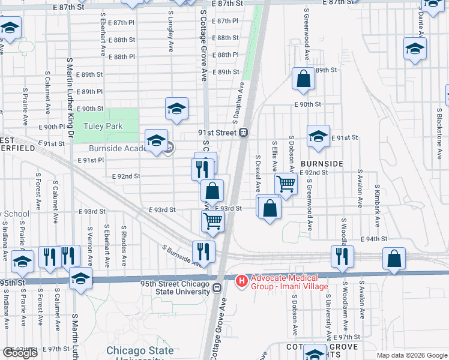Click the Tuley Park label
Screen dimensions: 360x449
tap(103, 126)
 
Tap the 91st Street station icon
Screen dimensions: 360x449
tap(244, 133)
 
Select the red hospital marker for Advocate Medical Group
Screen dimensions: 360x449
tap(242, 280)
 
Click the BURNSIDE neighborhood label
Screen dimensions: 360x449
tap(322, 163)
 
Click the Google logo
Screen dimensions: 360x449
tap(20, 353)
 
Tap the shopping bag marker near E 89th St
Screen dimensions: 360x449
tap(304, 78)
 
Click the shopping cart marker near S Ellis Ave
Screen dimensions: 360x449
tap(286, 184)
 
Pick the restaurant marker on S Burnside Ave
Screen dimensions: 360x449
tap(203, 251)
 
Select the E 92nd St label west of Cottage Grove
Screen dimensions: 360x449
tap(126, 176)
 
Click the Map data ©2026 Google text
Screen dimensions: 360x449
tap(412, 355)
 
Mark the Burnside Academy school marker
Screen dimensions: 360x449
tap(156, 141)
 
